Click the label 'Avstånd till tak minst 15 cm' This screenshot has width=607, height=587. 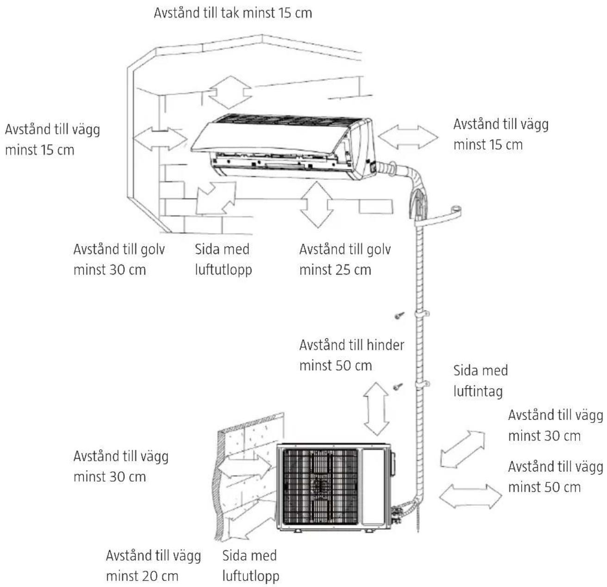coord(233,13)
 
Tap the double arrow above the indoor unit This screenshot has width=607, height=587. coord(230,92)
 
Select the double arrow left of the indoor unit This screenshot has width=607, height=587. coord(160,138)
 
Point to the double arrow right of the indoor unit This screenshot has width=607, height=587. coord(408,137)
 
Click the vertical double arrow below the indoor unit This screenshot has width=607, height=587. coord(316,204)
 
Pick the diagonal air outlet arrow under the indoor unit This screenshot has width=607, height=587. coord(216,198)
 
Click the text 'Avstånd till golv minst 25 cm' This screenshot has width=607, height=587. coord(345,260)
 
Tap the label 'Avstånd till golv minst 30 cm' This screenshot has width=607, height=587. coord(119,260)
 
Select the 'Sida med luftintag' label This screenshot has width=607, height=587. coord(480,381)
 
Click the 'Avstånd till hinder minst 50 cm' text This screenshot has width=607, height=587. coord(352,355)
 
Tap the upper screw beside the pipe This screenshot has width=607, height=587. coord(399,315)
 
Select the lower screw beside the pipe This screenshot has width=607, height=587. coord(398,387)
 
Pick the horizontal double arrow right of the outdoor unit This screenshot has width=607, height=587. coord(471,496)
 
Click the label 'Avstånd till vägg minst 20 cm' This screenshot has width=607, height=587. coord(154,565)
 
